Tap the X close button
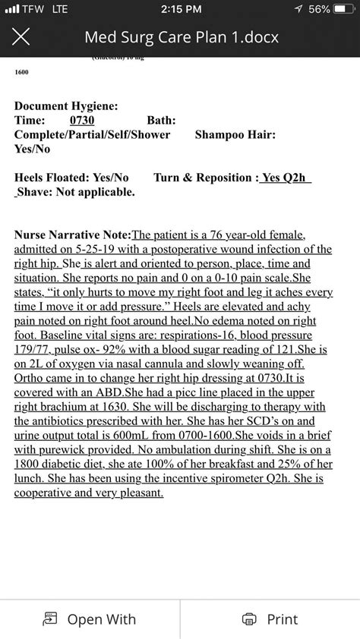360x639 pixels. click(22, 36)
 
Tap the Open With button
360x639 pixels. click(90, 619)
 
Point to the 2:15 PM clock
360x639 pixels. click(182, 9)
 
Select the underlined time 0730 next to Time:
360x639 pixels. click(82, 120)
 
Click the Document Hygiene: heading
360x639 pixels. click(66, 107)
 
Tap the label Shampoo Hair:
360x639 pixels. click(235, 134)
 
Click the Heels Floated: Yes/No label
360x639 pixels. click(71, 178)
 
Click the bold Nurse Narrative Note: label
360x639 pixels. click(73, 235)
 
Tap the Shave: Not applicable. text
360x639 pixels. click(74, 191)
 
